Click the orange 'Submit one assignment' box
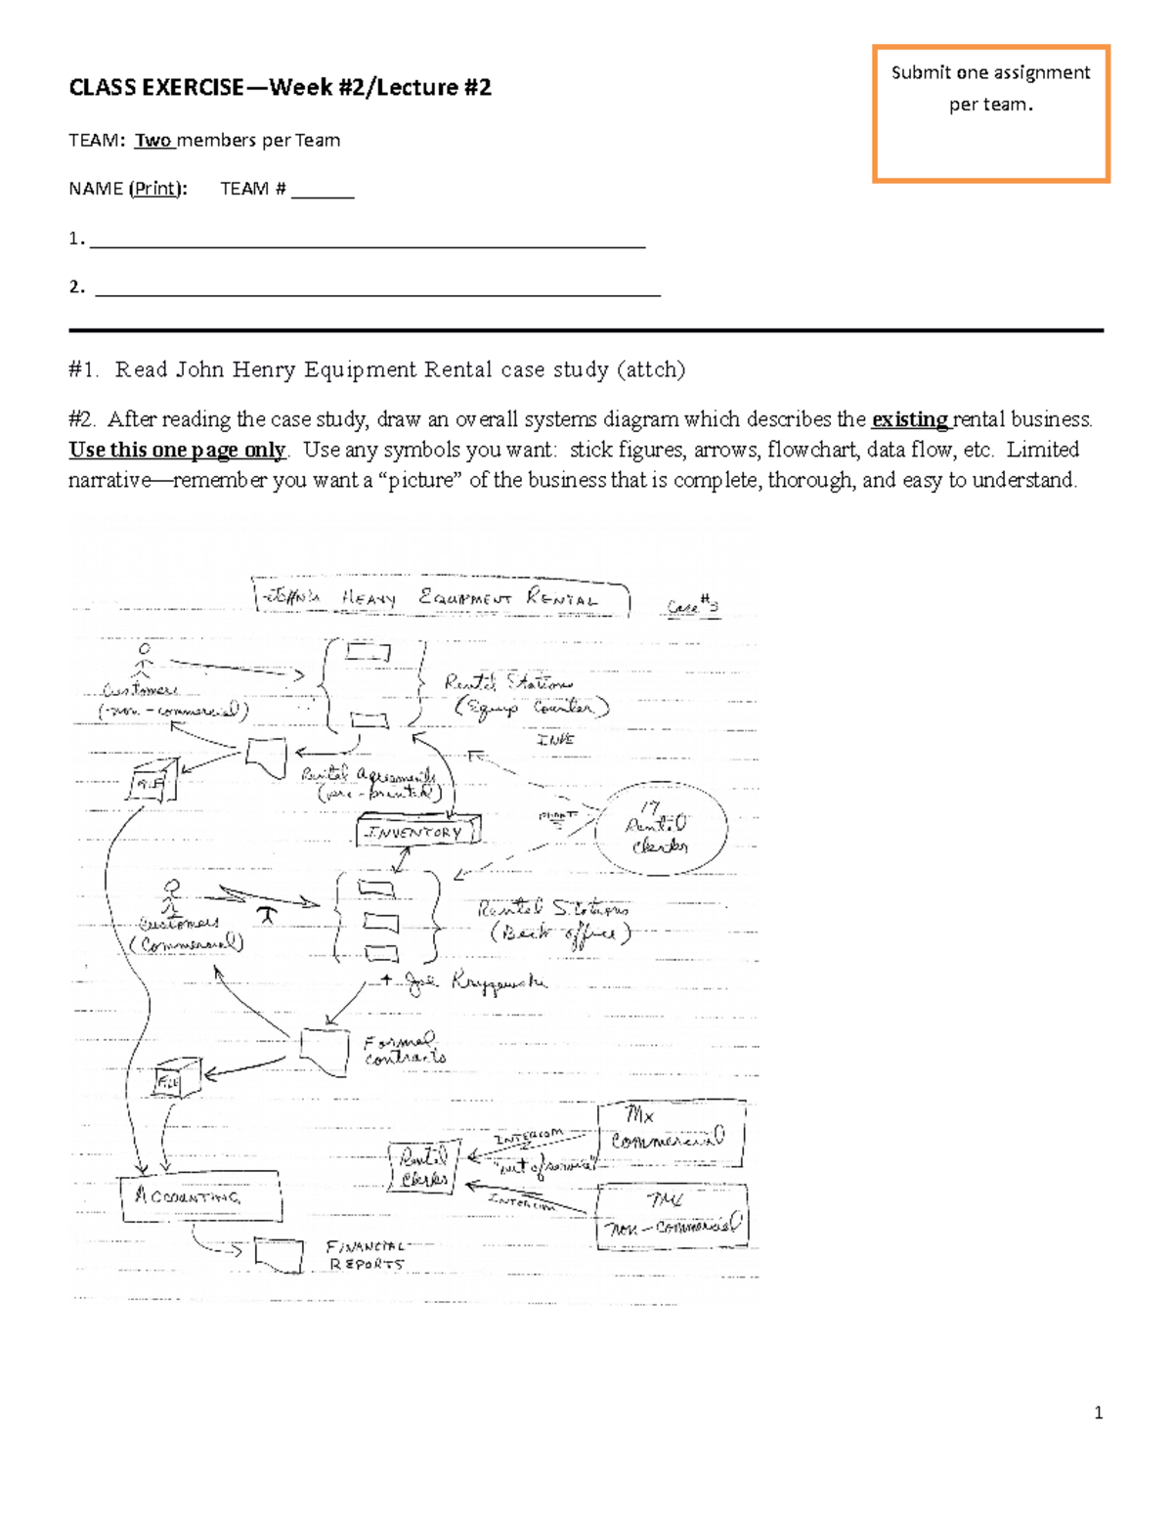[990, 113]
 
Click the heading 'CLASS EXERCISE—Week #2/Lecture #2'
[280, 88]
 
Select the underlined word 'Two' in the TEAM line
[153, 141]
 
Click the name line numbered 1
[367, 239]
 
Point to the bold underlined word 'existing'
[908, 420]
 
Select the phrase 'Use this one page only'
[177, 451]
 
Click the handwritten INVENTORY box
[417, 832]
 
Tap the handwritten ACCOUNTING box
[200, 1197]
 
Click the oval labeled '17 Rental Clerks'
[660, 827]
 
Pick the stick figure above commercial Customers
[172, 896]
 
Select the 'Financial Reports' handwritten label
[366, 1255]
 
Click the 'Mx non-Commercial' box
[672, 1216]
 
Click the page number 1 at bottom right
[1099, 1412]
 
